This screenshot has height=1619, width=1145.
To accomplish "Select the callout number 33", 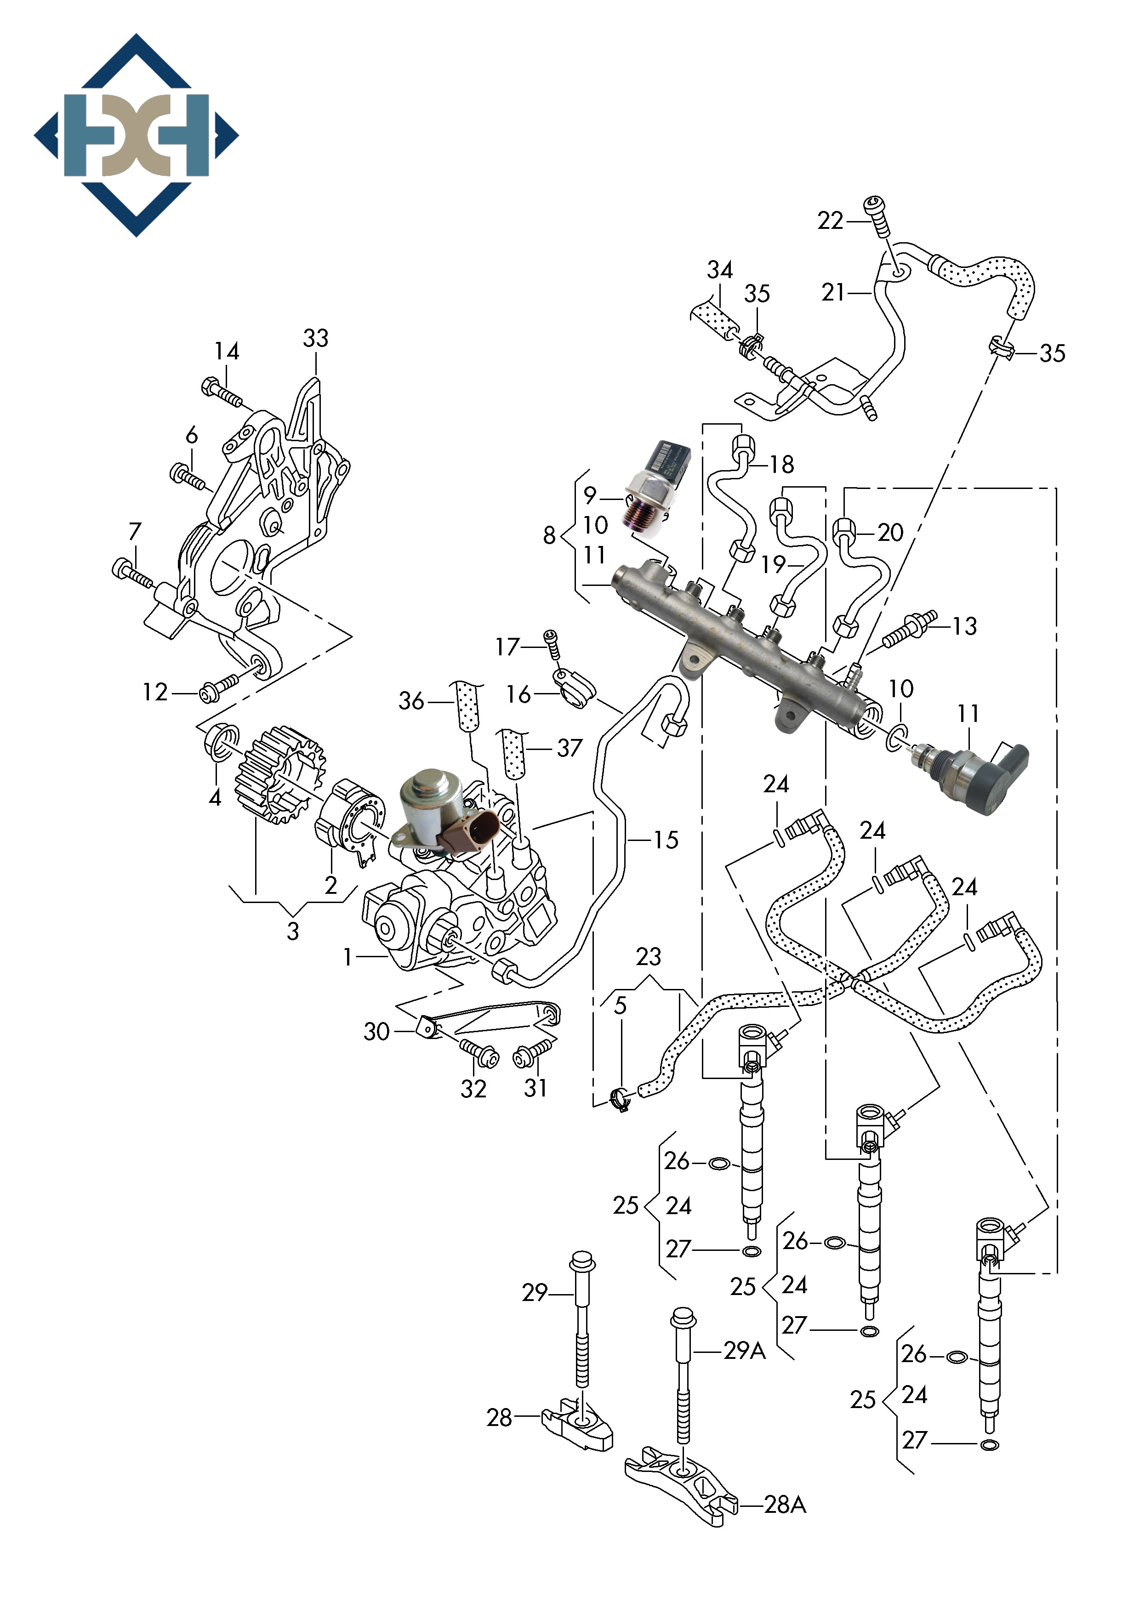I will pyautogui.click(x=315, y=339).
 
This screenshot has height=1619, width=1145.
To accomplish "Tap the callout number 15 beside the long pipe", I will pyautogui.click(x=665, y=840).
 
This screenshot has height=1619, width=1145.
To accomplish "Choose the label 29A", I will pyautogui.click(x=744, y=1350).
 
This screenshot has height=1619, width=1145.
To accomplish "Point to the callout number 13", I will pyautogui.click(x=964, y=626).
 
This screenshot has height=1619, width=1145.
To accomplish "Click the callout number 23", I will pyautogui.click(x=648, y=957).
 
